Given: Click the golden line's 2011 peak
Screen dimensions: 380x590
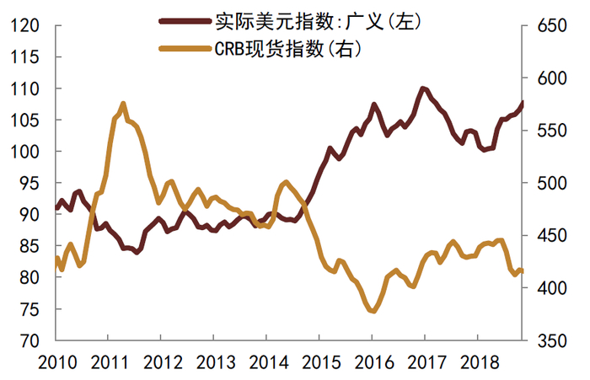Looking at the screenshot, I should pyautogui.click(x=123, y=104).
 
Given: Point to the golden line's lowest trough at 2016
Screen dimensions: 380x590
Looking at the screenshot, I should pyautogui.click(x=372, y=311).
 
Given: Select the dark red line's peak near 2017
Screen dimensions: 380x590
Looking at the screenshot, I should pyautogui.click(x=422, y=88).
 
